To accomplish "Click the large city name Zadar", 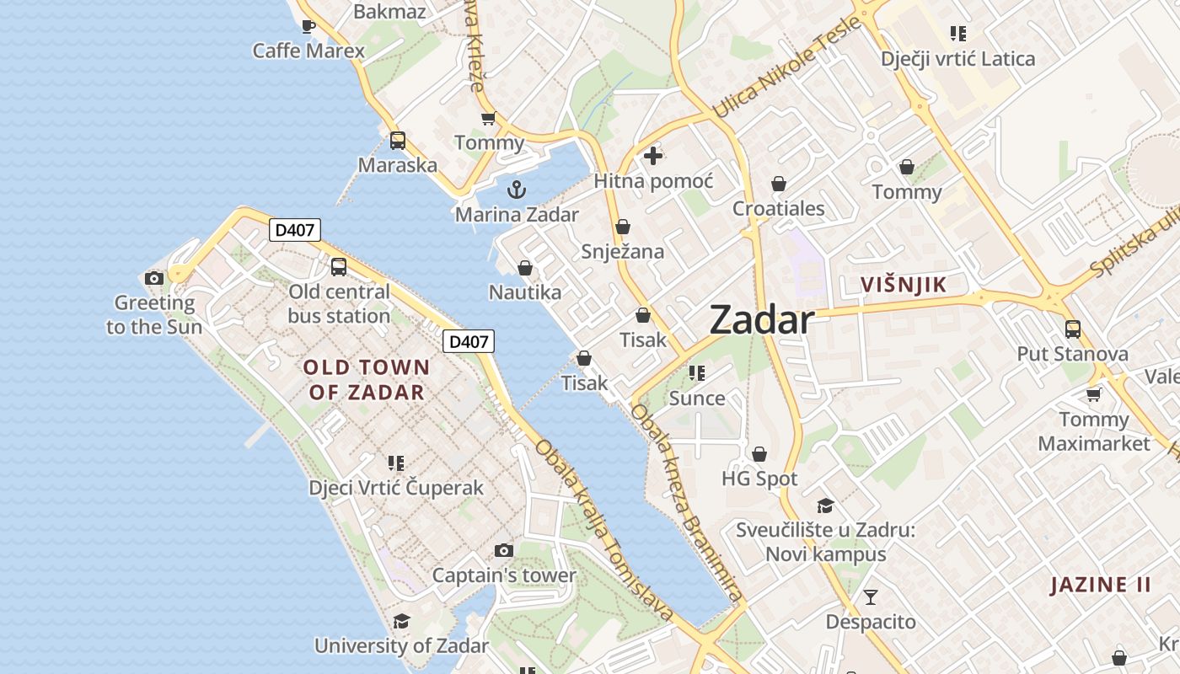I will [x=762, y=320].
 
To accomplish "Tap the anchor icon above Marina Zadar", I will [x=517, y=189].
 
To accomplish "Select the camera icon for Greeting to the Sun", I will [x=154, y=278].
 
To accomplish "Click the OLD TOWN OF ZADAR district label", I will [x=367, y=380].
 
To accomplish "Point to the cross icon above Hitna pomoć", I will [x=653, y=156].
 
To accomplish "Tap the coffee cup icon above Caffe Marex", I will [x=308, y=26].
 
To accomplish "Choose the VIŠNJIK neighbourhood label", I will [x=904, y=285].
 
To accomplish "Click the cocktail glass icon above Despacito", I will [x=871, y=597].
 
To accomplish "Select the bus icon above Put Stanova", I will [x=1072, y=329].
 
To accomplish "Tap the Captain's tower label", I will [x=504, y=576].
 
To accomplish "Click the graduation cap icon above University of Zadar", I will [x=401, y=621].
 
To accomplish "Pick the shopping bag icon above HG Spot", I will [x=759, y=454].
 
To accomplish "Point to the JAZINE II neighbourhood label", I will [x=1101, y=585].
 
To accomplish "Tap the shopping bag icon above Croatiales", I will [x=779, y=183].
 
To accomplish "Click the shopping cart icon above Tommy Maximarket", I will [x=1093, y=393].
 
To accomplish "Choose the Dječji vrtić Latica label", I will [x=958, y=59].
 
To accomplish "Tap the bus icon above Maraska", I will [x=398, y=140].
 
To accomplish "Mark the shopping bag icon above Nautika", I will [x=525, y=268].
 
